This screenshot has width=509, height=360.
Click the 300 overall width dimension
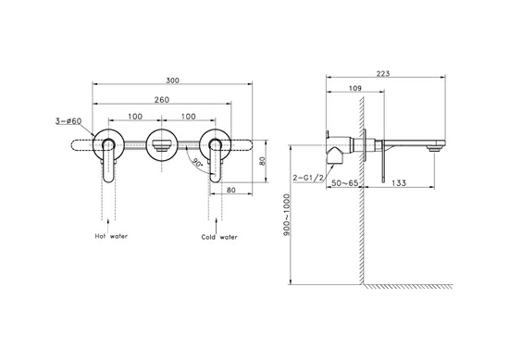coord(172,81)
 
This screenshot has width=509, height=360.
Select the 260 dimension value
coord(162,100)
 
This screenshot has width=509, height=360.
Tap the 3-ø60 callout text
coord(68,121)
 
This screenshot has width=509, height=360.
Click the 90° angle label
coord(197,161)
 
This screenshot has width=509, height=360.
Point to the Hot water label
coord(111,236)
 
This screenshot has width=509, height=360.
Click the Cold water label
coord(219,237)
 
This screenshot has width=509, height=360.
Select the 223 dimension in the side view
coord(383,74)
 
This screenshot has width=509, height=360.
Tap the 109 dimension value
coord(355,88)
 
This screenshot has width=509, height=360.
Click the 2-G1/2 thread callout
coord(308,178)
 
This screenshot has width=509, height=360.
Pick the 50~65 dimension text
coord(345,183)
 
